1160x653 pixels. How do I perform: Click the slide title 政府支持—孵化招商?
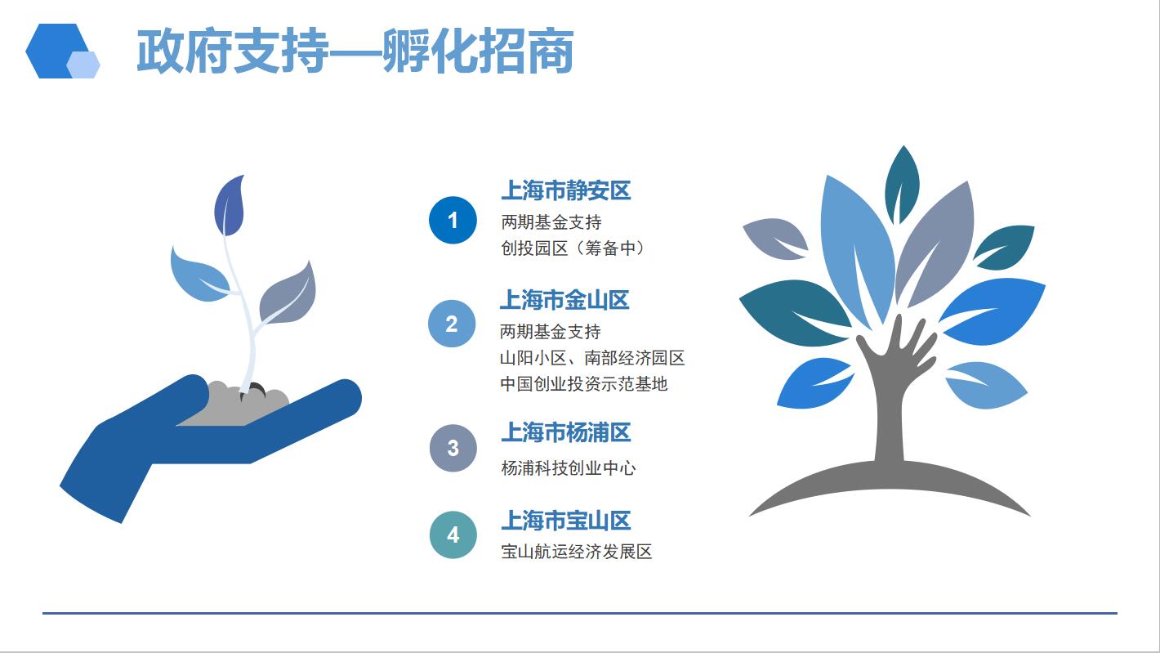click(355, 51)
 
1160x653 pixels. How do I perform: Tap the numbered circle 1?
click(453, 221)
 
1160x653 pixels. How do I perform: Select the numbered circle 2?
click(452, 324)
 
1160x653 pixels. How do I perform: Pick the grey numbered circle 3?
click(453, 449)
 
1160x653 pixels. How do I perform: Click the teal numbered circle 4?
click(453, 534)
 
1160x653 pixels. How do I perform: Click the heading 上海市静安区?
click(566, 190)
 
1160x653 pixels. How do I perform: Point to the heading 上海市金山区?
click(564, 300)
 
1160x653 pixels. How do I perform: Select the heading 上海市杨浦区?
click(566, 432)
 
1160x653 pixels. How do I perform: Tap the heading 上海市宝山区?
click(566, 521)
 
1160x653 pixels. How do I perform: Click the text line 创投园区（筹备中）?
click(572, 248)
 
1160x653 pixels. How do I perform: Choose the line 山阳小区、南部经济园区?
click(592, 358)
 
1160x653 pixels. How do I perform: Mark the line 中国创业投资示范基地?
click(583, 384)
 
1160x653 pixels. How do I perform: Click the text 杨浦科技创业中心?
click(568, 468)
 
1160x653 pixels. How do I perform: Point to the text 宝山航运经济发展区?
click(577, 552)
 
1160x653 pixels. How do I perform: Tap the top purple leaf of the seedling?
click(230, 206)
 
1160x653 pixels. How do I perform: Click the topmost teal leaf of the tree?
click(902, 184)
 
